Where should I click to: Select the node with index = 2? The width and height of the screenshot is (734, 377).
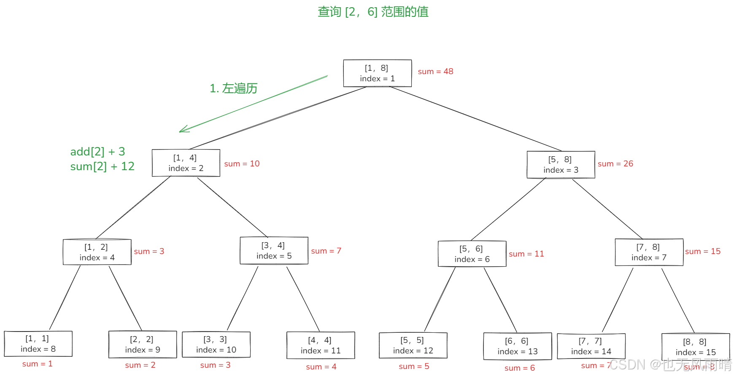[186, 163]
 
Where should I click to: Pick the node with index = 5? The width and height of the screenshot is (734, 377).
[274, 251]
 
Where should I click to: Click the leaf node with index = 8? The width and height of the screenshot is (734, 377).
[38, 344]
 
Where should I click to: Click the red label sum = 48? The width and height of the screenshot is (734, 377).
[435, 72]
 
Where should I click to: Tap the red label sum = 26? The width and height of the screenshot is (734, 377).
[615, 164]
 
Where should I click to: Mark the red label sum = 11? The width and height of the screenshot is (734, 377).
[526, 254]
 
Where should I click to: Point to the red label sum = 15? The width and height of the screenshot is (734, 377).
[702, 251]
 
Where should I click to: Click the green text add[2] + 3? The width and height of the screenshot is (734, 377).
[97, 152]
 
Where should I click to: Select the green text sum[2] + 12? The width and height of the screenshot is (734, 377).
[102, 166]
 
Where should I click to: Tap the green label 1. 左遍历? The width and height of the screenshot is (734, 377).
[233, 88]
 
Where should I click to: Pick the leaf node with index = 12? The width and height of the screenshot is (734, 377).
[413, 345]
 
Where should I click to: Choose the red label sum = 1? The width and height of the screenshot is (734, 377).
[37, 364]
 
